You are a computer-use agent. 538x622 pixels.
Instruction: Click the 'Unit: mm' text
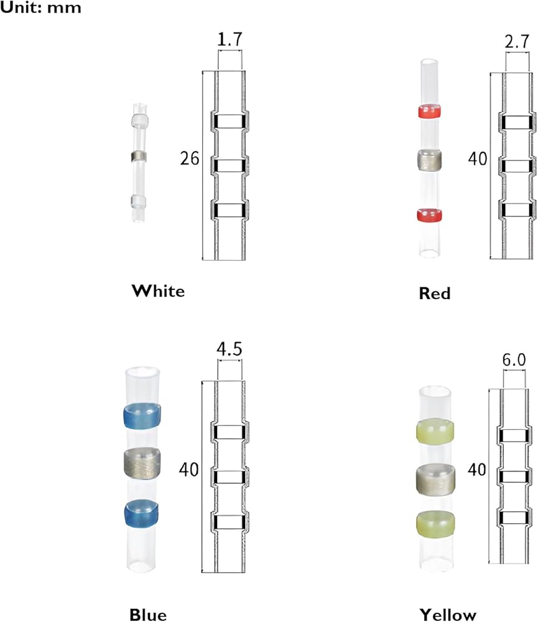[x=40, y=9]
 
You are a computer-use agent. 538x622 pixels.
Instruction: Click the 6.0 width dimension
[x=514, y=360]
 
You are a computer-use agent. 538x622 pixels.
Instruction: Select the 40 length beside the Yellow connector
[x=477, y=470]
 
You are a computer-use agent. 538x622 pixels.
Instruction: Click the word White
[x=158, y=290]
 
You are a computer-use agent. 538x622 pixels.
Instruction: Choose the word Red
[x=435, y=293]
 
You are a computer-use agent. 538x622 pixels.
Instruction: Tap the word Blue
[x=148, y=615]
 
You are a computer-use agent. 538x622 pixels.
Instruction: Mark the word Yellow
[x=448, y=615]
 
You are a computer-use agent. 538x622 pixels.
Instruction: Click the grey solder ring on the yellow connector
[x=435, y=478]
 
